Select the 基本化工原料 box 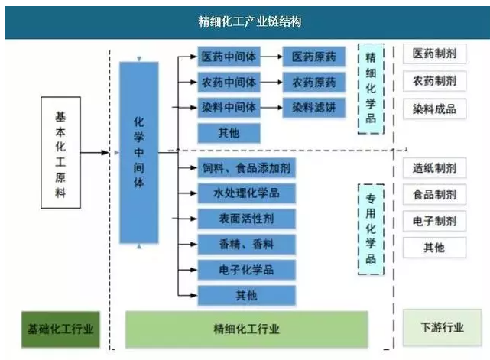pos(61,151)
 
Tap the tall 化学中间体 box pos(138,152)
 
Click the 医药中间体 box pos(229,57)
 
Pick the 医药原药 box pos(313,57)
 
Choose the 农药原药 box pos(313,83)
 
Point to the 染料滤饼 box pos(313,108)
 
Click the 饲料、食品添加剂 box pos(245,167)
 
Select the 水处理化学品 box pos(245,193)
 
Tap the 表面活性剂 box pos(245,219)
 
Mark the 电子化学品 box pos(245,270)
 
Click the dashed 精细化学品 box pos(371,89)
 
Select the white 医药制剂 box pos(434,54)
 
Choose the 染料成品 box pos(434,109)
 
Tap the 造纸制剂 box pos(434,169)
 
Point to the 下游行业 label pos(442,329)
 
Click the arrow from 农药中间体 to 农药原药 pos(271,83)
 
